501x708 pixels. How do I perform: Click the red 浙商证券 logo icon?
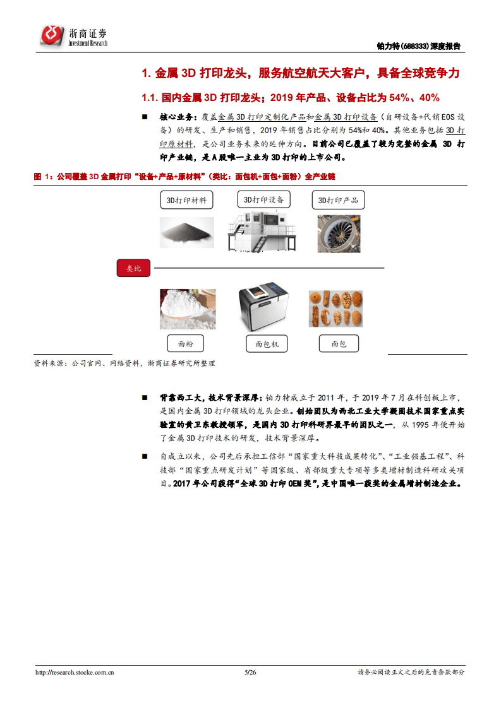click(x=52, y=35)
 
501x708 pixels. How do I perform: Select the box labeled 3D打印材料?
click(x=187, y=201)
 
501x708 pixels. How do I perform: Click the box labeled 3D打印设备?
click(x=263, y=200)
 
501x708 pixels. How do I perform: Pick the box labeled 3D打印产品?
click(x=338, y=201)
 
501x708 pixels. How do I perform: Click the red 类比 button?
click(x=133, y=268)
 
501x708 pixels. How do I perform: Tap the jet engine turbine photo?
click(x=339, y=233)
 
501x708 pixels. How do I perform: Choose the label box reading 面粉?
click(x=186, y=344)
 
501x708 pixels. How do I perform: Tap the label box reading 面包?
click(x=339, y=344)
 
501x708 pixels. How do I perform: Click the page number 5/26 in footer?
click(x=250, y=673)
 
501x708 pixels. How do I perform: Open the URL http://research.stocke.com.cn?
click(x=75, y=673)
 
